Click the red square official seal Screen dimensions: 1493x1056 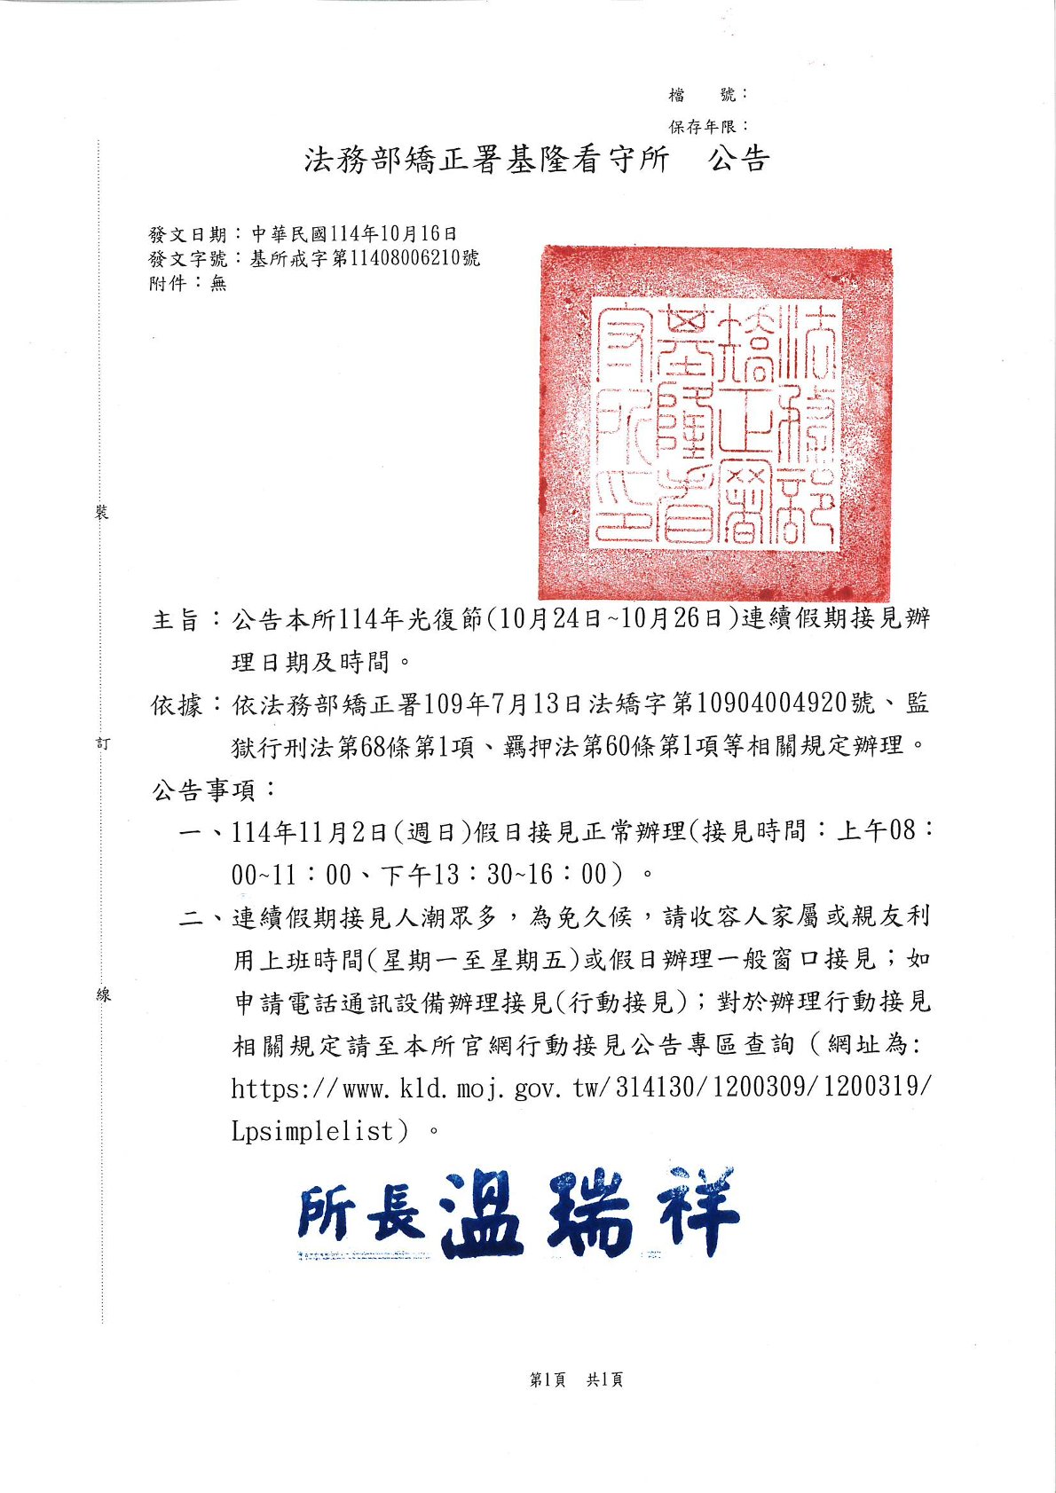tap(715, 422)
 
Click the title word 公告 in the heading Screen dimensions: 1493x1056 tap(737, 160)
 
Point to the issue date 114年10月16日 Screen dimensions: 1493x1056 tap(393, 234)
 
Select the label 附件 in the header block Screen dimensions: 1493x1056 tap(168, 283)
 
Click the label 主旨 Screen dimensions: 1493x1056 tap(176, 619)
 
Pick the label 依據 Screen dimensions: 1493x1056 tap(176, 705)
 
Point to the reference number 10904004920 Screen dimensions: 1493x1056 tap(771, 704)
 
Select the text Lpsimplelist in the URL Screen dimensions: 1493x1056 tap(311, 1132)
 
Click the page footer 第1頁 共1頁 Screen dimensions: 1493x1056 tap(576, 1379)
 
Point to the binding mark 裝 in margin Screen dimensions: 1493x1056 tap(103, 513)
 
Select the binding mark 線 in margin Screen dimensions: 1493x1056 tap(103, 995)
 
